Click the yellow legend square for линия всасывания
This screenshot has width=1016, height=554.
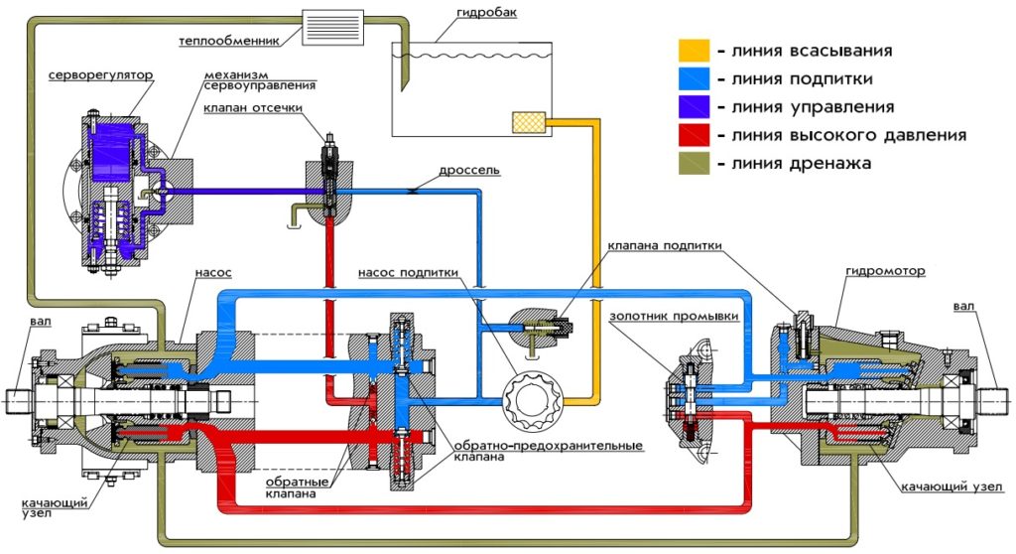coord(693,51)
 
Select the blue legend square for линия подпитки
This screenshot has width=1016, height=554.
coord(693,78)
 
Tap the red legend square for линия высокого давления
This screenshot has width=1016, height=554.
coord(693,135)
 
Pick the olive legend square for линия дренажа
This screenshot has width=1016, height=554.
coord(693,163)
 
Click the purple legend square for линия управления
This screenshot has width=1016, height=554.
coord(693,106)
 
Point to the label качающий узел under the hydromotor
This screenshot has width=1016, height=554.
coord(952,486)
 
